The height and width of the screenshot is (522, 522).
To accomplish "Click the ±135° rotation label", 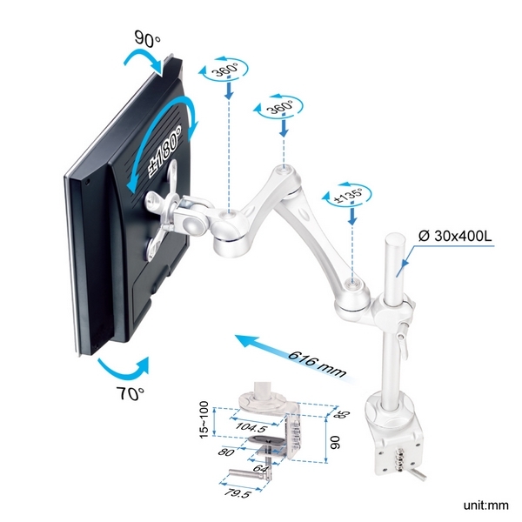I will (350, 195).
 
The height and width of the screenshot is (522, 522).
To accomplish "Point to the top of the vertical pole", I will (395, 238).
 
